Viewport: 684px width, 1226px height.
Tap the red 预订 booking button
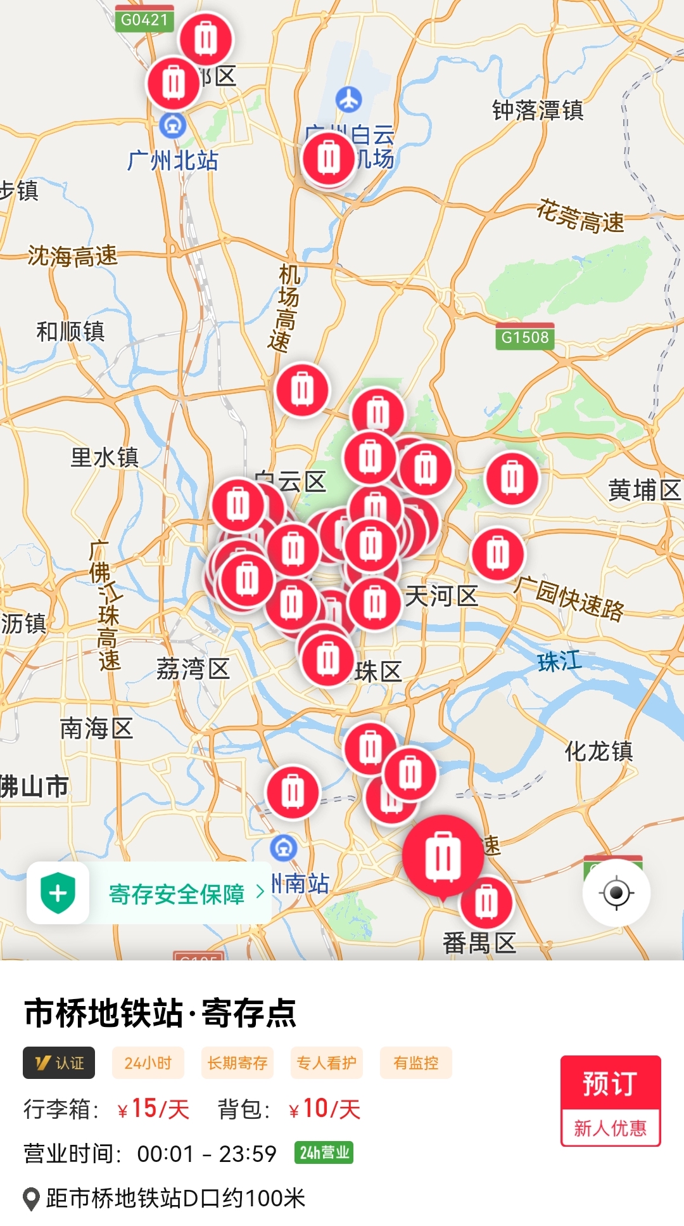[610, 1083]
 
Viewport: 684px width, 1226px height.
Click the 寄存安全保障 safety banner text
[177, 894]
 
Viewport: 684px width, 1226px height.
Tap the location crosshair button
[616, 893]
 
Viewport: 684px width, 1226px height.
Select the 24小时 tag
[148, 1062]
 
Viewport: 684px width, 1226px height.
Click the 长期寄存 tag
[237, 1062]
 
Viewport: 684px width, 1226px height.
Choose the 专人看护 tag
[327, 1062]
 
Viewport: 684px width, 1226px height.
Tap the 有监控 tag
[415, 1062]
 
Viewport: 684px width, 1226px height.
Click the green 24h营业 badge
[324, 1152]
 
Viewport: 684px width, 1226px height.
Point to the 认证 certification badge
[59, 1062]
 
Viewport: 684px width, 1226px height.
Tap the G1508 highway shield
[524, 337]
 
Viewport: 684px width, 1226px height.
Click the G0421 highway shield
[144, 20]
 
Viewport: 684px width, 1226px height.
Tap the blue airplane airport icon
[348, 100]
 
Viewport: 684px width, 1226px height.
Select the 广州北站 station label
[172, 160]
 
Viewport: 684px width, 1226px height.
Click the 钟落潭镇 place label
[538, 110]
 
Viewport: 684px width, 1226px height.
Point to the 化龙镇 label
[598, 751]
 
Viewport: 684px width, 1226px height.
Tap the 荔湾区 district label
[193, 669]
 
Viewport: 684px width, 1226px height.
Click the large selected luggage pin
[443, 856]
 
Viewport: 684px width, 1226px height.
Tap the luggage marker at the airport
[329, 158]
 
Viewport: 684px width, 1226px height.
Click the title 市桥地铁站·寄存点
[160, 1012]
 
